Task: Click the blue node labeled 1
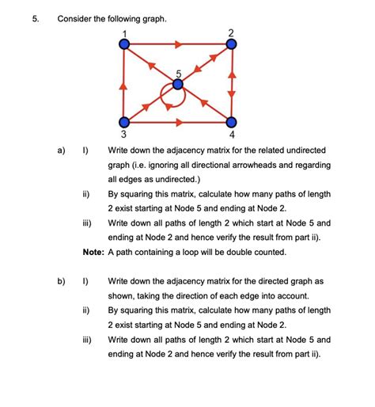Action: point(123,45)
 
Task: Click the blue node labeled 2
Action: point(231,45)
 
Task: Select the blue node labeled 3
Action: point(123,122)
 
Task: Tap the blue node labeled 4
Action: point(231,122)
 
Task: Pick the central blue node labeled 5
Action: point(177,83)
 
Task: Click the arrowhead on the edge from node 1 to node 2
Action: point(179,45)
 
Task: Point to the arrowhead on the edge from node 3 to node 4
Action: point(179,122)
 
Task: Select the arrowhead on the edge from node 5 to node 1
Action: point(152,65)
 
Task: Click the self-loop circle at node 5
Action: point(173,97)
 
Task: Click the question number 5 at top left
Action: point(36,17)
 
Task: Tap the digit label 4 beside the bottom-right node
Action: point(231,135)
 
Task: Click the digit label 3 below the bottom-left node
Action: point(123,135)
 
